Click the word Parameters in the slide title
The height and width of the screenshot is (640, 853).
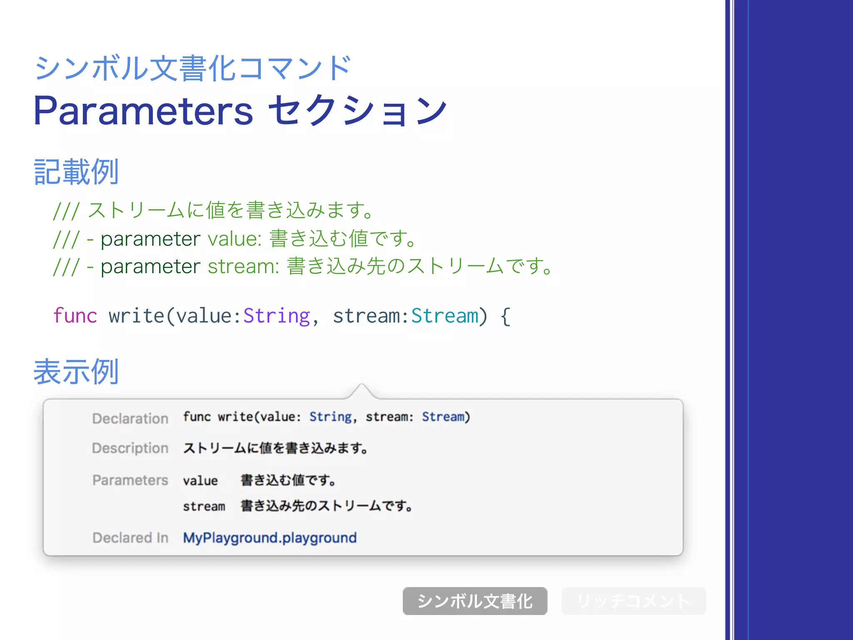(x=143, y=111)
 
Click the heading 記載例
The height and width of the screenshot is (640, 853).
(x=76, y=172)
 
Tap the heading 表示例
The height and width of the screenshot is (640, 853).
(x=76, y=372)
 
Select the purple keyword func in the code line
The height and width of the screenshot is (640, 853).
(x=75, y=315)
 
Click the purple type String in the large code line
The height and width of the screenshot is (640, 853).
(x=277, y=315)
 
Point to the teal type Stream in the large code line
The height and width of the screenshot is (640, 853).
(x=445, y=315)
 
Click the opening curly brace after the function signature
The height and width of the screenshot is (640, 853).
(x=505, y=316)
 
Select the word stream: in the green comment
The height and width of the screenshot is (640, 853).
(x=243, y=267)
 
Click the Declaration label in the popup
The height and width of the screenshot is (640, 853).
(x=130, y=418)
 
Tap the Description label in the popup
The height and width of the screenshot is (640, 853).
(x=130, y=448)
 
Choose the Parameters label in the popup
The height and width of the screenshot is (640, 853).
(x=130, y=480)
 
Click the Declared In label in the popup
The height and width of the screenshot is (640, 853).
(x=130, y=537)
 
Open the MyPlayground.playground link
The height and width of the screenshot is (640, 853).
(x=270, y=537)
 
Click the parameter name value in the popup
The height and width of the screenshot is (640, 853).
(x=200, y=481)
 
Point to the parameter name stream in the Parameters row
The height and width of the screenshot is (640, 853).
(x=204, y=506)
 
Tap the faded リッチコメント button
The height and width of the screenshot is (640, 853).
(x=633, y=601)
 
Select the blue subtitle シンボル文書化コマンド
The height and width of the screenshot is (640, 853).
(x=192, y=68)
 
